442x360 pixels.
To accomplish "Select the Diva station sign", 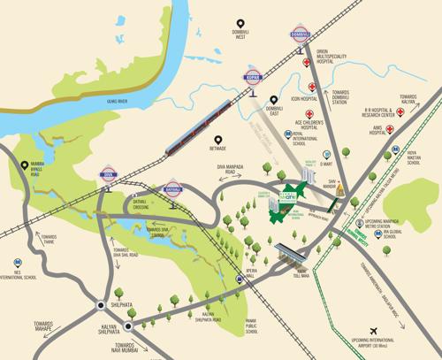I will tap(110, 174).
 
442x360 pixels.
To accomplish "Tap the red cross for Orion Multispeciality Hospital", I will tap(305, 64).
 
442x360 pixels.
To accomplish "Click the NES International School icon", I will tap(18, 263).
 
